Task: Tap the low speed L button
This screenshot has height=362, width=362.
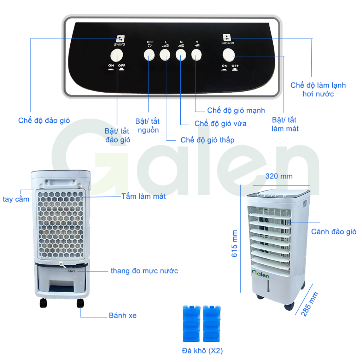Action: click(165, 54)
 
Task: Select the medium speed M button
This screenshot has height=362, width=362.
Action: click(181, 54)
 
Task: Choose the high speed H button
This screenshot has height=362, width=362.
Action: click(197, 54)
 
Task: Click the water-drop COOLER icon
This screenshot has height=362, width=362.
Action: click(227, 37)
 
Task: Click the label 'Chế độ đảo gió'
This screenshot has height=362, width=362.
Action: click(44, 121)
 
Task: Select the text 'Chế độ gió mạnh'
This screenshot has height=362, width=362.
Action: click(236, 110)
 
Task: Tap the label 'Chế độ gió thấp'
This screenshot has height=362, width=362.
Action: click(207, 140)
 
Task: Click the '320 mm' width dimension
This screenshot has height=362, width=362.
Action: click(279, 176)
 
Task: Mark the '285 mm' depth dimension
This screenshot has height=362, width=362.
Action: click(310, 304)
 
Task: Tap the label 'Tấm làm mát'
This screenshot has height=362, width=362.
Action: click(143, 196)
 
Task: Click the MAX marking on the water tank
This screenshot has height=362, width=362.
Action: click(72, 271)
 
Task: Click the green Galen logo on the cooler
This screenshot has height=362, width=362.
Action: click(261, 274)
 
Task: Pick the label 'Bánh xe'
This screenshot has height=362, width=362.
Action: click(122, 315)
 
